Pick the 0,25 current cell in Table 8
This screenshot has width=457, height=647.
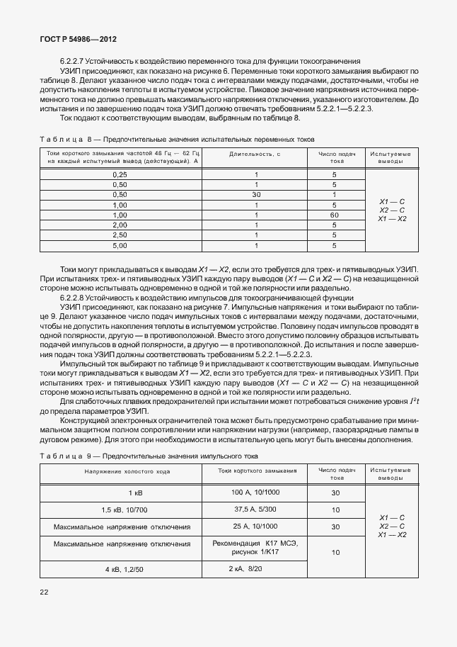[x=120, y=174]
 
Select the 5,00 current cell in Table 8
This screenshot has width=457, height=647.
[x=120, y=245]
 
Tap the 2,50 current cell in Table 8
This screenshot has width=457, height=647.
[x=120, y=235]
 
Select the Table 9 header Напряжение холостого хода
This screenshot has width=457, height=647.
[x=120, y=472]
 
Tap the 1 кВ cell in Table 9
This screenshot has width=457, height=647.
[x=120, y=493]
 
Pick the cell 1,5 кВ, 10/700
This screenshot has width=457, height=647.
[x=120, y=510]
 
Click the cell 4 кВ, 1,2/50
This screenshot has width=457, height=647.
[x=120, y=569]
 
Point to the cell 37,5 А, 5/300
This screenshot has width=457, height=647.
[x=255, y=510]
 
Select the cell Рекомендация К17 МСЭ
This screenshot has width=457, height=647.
[x=255, y=543]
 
